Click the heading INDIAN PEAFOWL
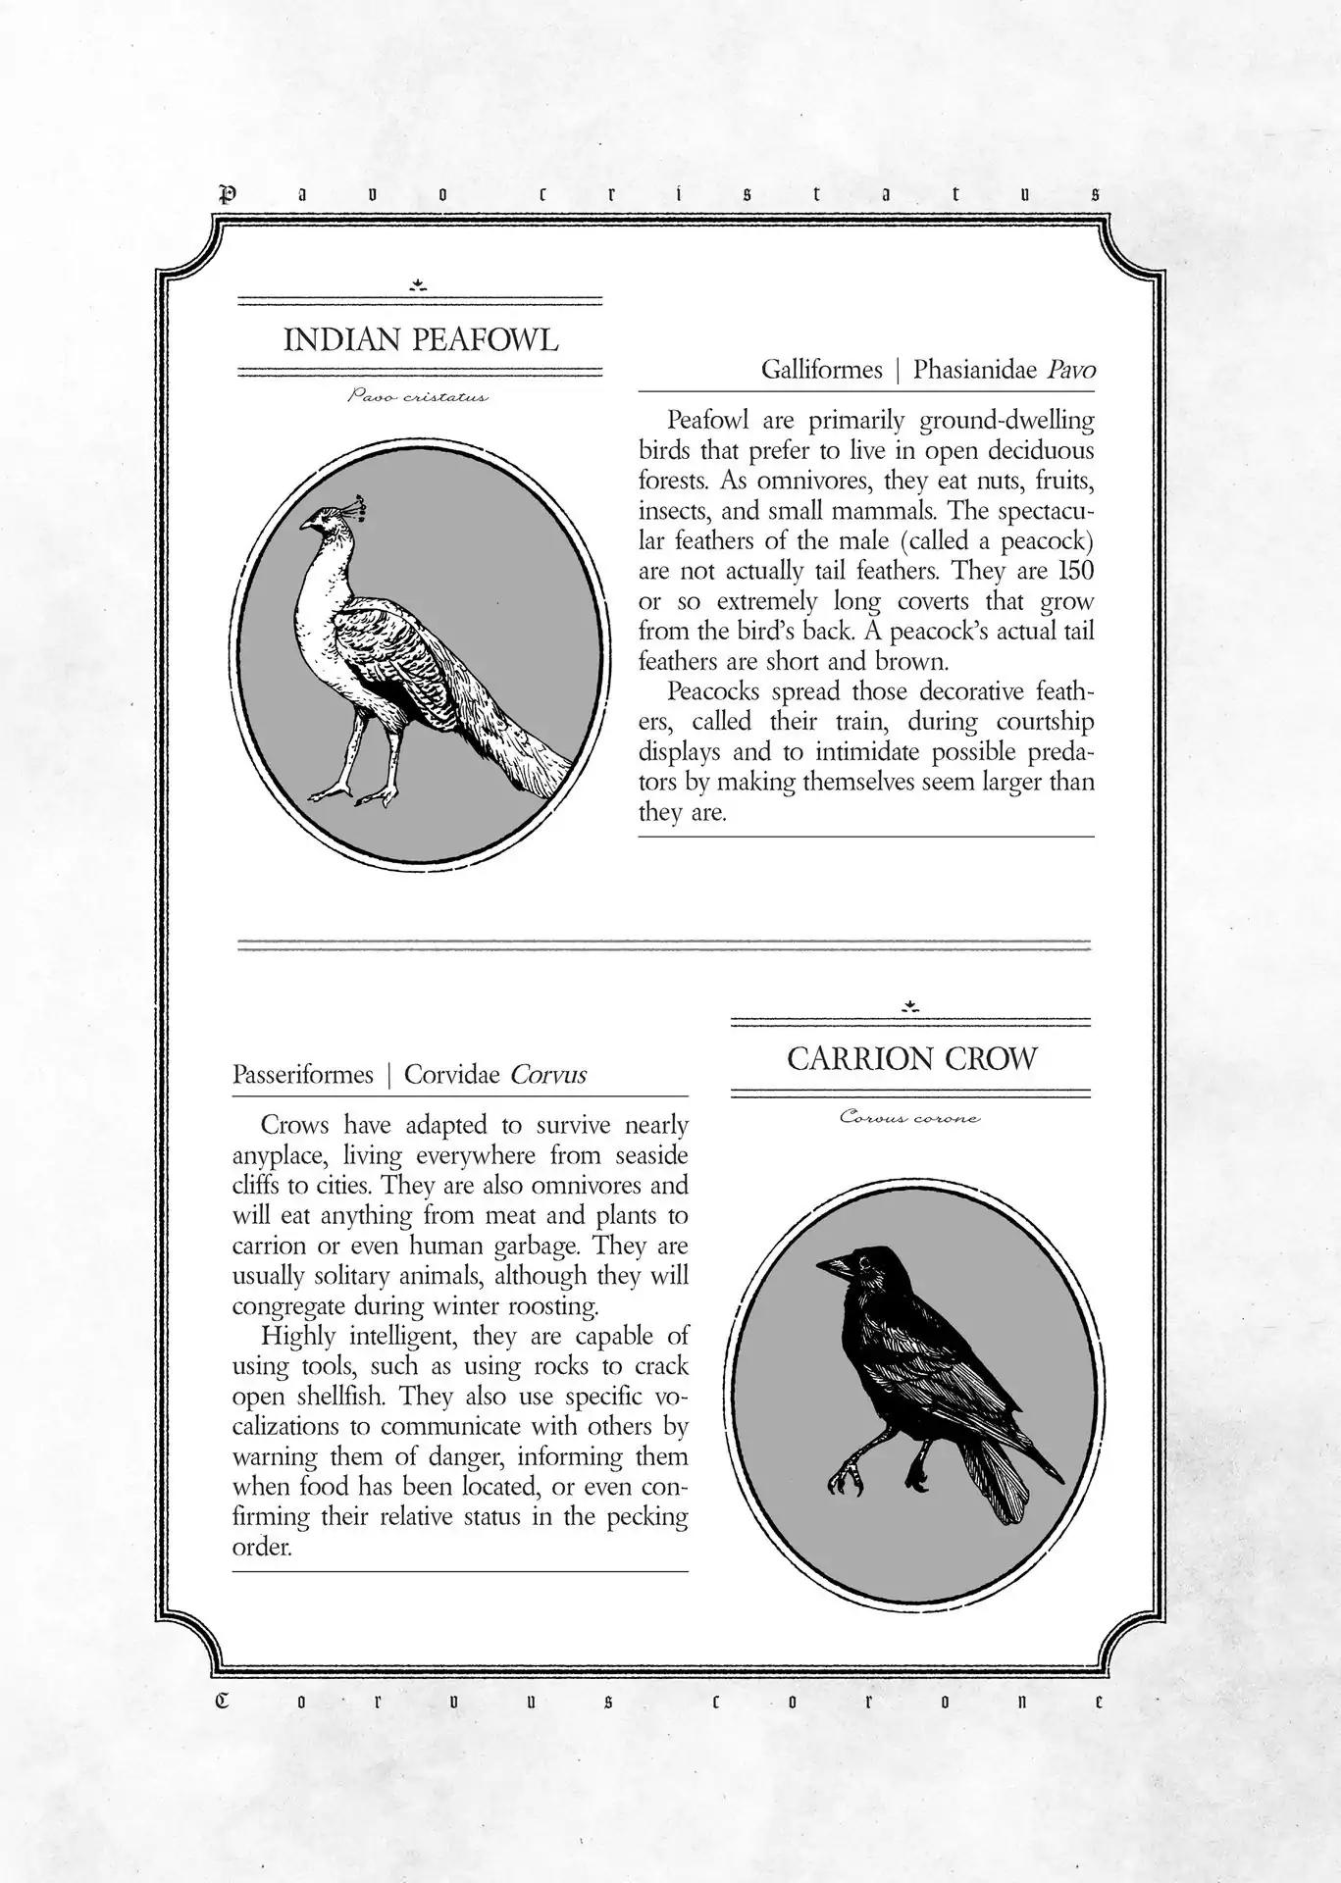pos(421,340)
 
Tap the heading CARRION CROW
pos(911,1059)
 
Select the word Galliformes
pos(822,370)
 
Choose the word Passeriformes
pos(303,1075)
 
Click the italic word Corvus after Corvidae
pos(548,1075)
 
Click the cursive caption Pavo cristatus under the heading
pos(418,397)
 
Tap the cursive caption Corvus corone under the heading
pos(909,1117)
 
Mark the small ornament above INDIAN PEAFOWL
pos(419,285)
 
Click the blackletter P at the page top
pos(228,194)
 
